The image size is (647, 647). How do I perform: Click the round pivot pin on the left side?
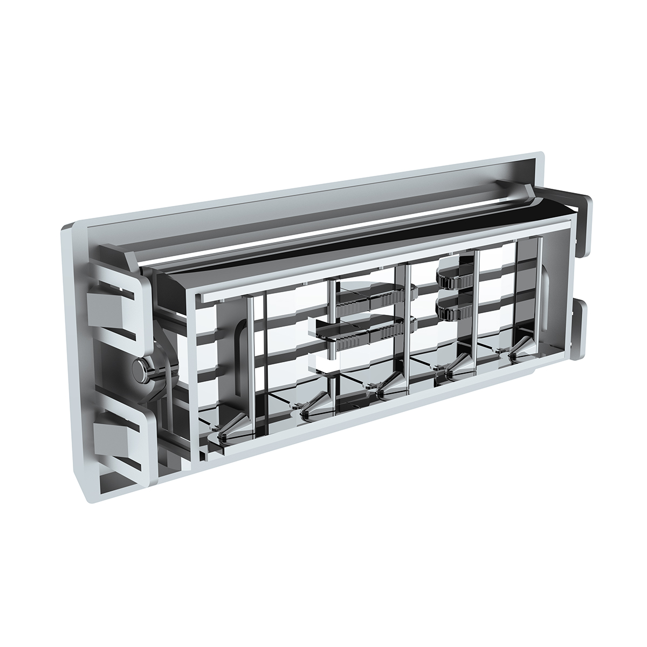(141, 369)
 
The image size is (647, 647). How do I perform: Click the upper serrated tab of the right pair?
(456, 279)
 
